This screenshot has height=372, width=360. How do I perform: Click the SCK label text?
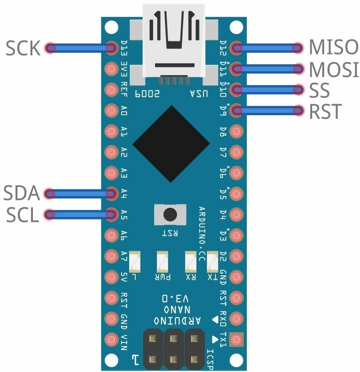(23, 48)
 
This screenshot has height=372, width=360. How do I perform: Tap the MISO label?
(333, 47)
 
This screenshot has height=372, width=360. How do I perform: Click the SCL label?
(23, 215)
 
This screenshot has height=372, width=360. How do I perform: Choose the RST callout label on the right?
(326, 112)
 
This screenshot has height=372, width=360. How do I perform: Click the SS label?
(320, 90)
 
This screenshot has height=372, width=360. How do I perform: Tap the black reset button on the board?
(170, 215)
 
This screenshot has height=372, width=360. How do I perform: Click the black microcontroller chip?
(171, 145)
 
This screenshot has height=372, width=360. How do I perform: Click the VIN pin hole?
(110, 340)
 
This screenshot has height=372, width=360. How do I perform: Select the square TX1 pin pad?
(237, 340)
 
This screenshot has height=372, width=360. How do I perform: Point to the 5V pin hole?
(110, 277)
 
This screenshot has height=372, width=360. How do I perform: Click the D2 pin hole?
(237, 256)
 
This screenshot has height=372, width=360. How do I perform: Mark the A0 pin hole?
(110, 110)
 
